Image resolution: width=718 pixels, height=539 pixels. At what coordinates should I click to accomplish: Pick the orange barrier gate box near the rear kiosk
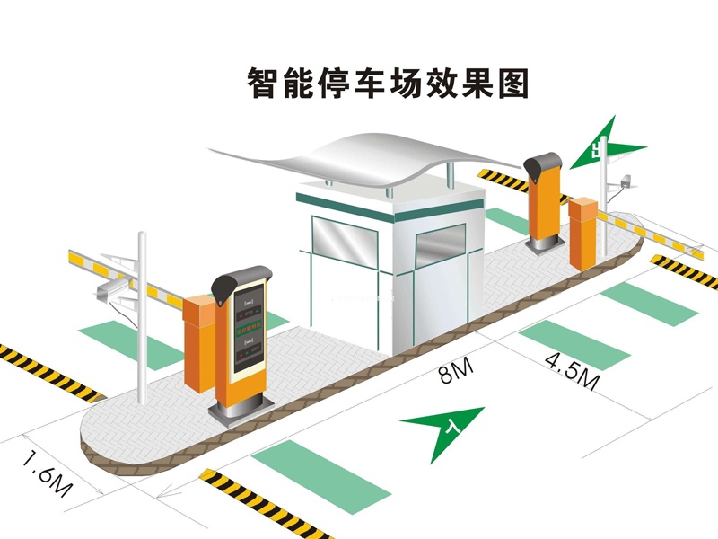point(583,232)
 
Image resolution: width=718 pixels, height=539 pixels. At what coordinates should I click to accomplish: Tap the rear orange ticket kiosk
point(545,202)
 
